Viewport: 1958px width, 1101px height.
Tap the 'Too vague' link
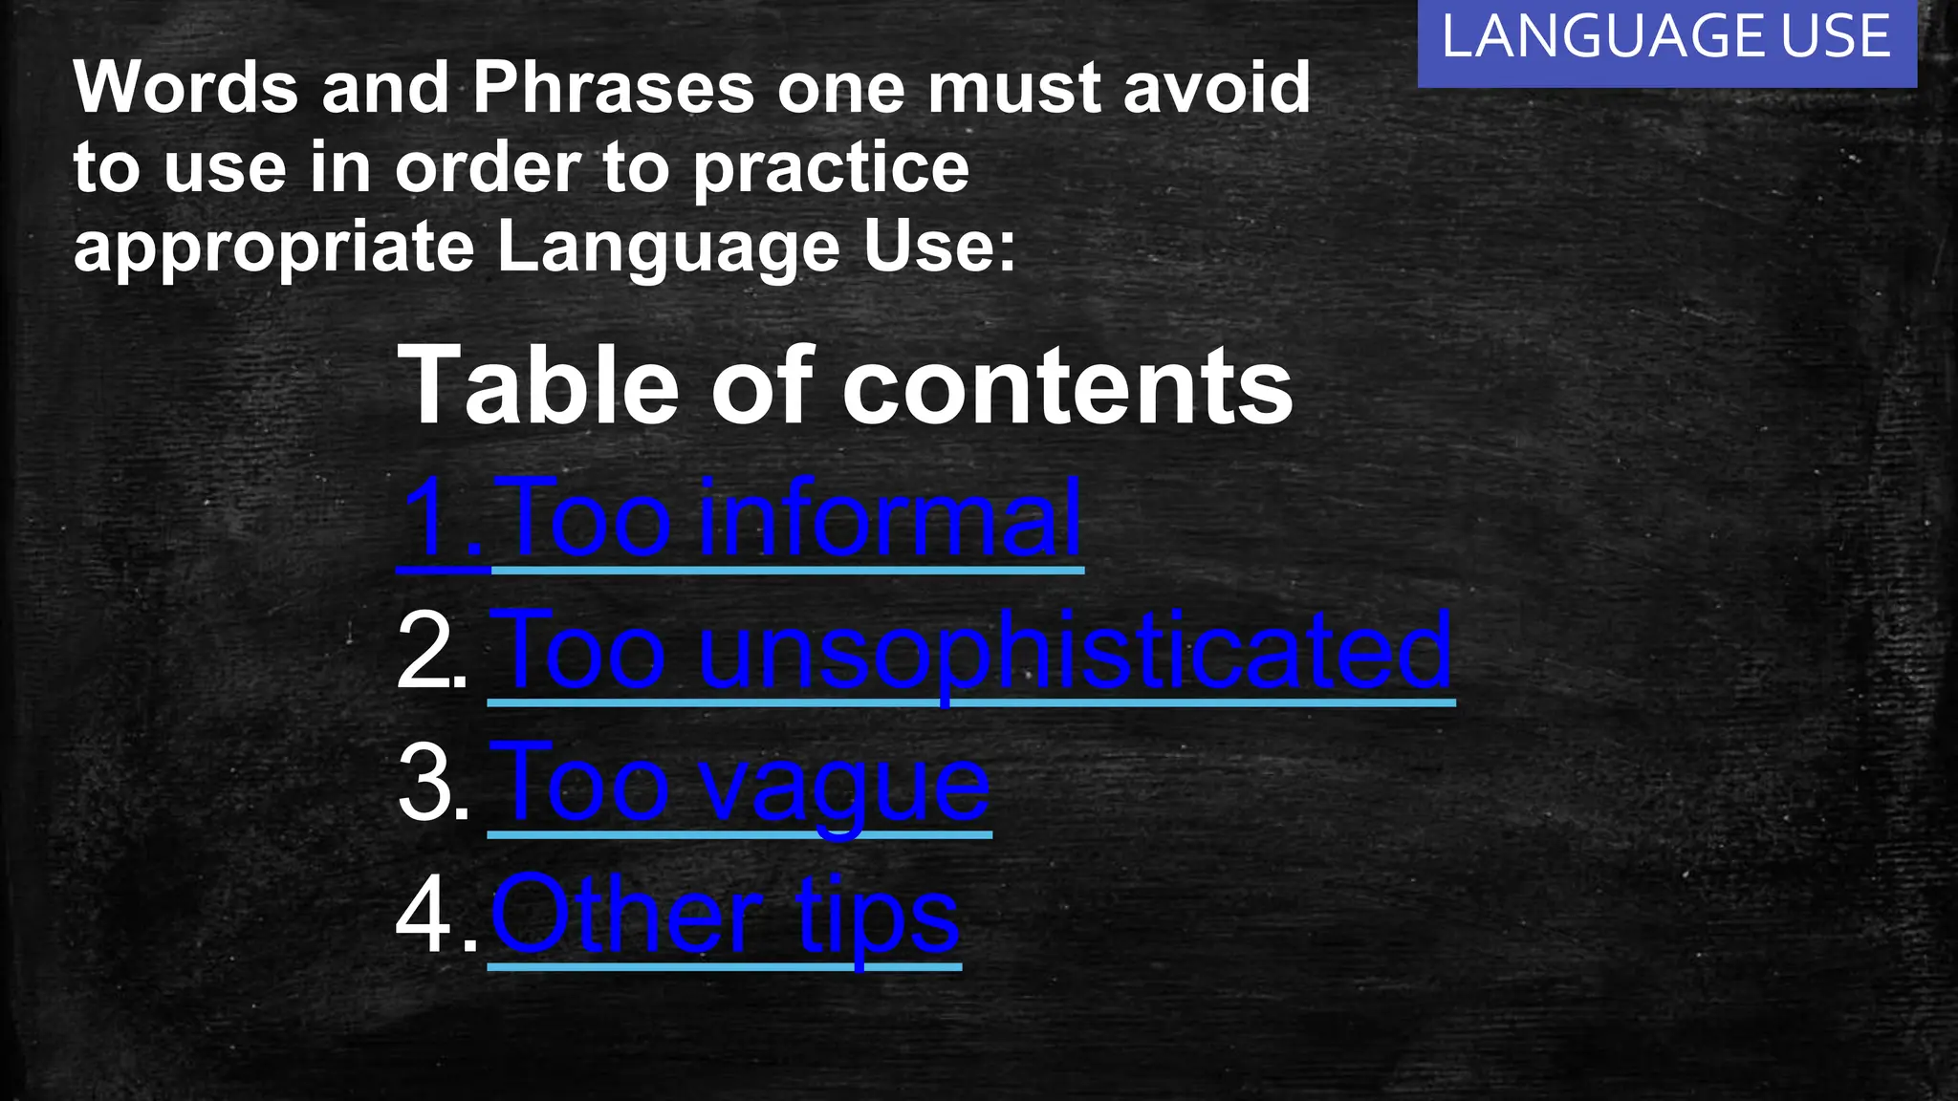pyautogui.click(x=739, y=785)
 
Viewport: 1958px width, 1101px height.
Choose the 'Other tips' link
pyautogui.click(x=724, y=917)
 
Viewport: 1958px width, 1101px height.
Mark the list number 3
pyautogui.click(x=433, y=785)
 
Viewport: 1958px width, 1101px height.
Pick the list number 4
pyautogui.click(x=435, y=917)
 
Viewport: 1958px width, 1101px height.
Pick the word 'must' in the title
pyautogui.click(x=1012, y=88)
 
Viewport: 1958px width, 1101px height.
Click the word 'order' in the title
pyautogui.click(x=488, y=168)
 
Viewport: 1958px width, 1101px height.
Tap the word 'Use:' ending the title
pyautogui.click(x=939, y=247)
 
